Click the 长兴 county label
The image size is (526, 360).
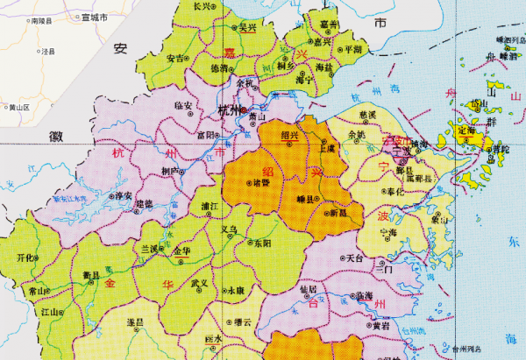coord(202,6)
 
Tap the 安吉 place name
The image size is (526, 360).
coord(174,59)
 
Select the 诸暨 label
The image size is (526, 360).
coord(261,183)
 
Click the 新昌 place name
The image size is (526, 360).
coord(338,212)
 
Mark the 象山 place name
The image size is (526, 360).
coord(437,216)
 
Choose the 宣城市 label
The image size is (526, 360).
coord(92,17)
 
